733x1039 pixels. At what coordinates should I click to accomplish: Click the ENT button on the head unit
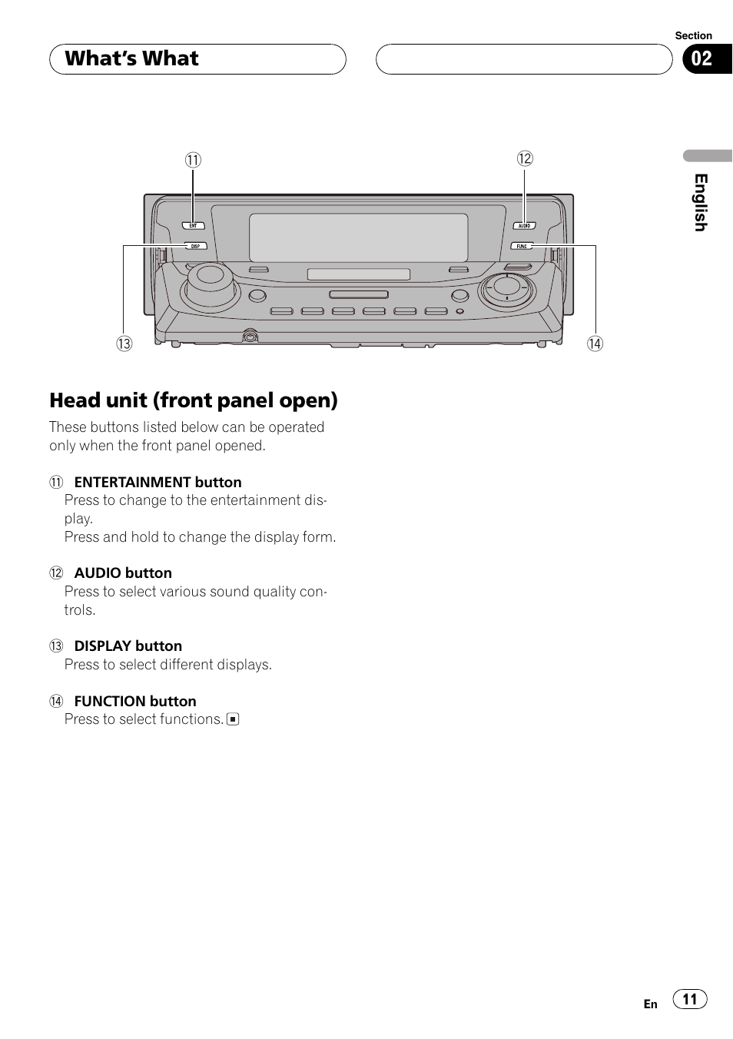[194, 226]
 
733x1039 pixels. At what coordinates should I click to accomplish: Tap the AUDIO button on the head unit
[524, 226]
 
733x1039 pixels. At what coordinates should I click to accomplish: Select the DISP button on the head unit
[195, 246]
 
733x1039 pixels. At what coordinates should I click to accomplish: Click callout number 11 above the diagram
[193, 160]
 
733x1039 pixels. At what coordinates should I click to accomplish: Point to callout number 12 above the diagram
[525, 158]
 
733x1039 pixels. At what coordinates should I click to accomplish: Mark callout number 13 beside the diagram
[124, 344]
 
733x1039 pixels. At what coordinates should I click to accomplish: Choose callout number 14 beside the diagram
[595, 344]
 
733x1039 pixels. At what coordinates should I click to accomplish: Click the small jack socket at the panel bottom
[249, 336]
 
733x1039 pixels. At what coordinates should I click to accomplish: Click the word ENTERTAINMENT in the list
[133, 483]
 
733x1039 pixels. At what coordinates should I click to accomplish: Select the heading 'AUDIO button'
[123, 573]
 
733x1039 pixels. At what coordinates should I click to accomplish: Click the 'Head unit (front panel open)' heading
[194, 400]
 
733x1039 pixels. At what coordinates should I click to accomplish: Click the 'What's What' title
[132, 59]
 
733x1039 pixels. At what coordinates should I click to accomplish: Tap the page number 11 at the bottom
[690, 999]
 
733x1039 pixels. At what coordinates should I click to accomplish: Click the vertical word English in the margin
[701, 202]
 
